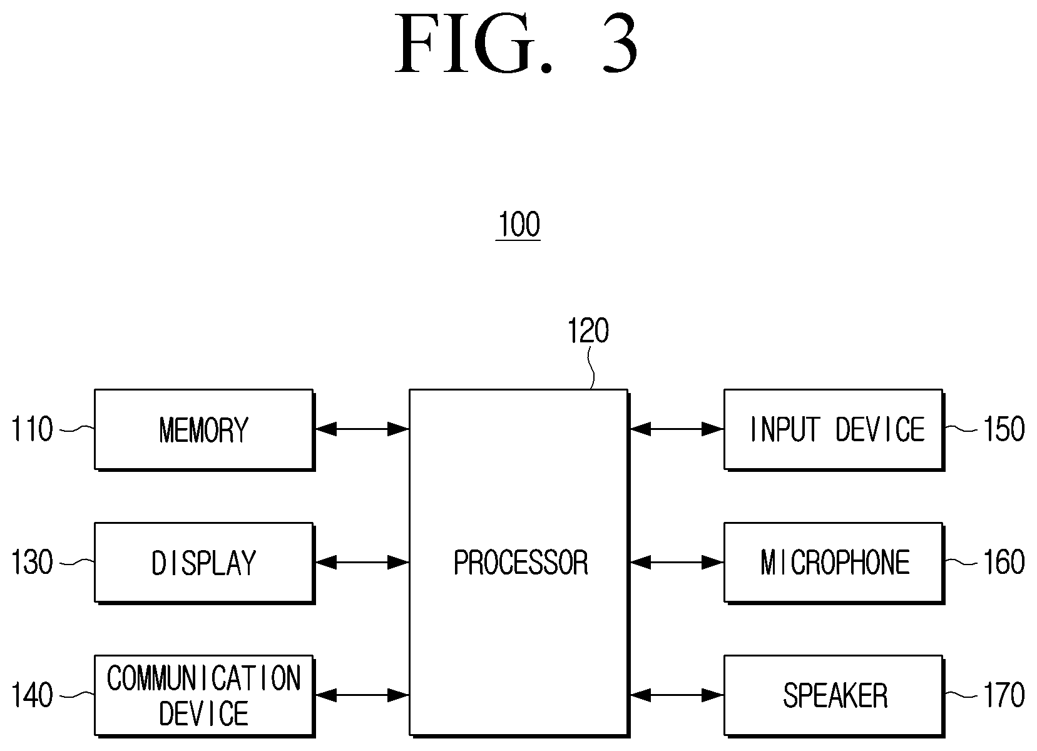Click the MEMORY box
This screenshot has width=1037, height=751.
click(204, 430)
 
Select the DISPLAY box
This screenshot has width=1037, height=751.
click(204, 563)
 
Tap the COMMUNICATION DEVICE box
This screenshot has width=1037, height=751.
click(204, 695)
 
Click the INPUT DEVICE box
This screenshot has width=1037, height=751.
click(834, 430)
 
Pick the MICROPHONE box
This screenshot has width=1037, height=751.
click(834, 563)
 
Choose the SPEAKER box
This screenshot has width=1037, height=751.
click(834, 695)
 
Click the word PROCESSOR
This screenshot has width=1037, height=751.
click(521, 563)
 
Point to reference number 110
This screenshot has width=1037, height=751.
click(32, 429)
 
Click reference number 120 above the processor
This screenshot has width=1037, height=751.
click(588, 330)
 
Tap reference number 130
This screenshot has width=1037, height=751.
click(32, 562)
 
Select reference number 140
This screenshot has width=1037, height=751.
click(32, 695)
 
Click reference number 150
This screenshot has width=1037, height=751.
click(1004, 429)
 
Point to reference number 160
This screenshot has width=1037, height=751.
click(1004, 562)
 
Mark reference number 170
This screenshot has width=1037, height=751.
click(1004, 695)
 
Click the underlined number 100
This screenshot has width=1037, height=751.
click(518, 225)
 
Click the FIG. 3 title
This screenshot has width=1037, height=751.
click(517, 43)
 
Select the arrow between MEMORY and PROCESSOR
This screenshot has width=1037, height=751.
click(362, 429)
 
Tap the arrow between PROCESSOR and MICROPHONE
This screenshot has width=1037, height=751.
click(677, 563)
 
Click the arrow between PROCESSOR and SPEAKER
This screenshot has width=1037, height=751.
click(677, 695)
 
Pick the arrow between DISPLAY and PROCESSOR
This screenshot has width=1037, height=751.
click(362, 563)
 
